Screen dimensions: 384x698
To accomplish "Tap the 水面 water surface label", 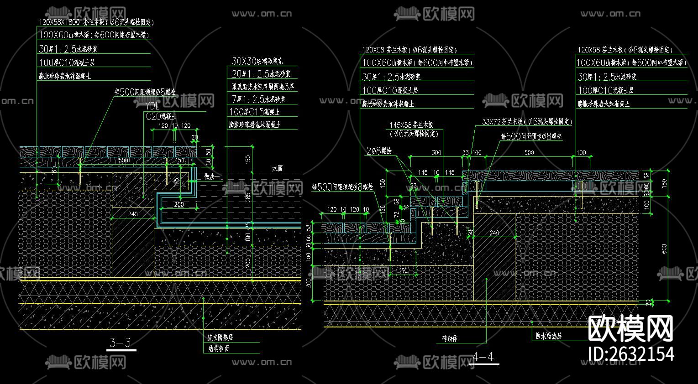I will click(x=277, y=168).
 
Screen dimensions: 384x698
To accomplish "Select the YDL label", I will click(x=152, y=106).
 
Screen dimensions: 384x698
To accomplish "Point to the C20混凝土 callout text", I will click(x=161, y=116).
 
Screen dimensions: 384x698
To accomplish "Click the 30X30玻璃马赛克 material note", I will click(x=257, y=61).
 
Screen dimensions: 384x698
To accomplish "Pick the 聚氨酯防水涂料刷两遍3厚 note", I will click(x=262, y=86).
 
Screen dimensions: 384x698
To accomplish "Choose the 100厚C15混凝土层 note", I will click(x=254, y=112).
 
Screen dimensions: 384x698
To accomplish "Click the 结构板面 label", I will click(x=218, y=348).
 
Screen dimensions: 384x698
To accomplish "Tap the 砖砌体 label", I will click(x=450, y=338).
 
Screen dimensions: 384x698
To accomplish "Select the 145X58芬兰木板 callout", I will click(x=411, y=125).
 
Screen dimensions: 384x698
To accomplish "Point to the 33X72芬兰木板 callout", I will click(x=526, y=122).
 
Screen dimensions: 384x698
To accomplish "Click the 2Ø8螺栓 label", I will click(x=379, y=151).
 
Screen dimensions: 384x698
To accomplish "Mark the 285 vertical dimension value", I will click(x=248, y=197).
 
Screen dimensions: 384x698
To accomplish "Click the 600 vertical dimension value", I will click(x=664, y=249).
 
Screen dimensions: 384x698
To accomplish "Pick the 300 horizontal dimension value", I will click(x=436, y=153).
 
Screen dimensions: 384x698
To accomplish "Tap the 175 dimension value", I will click(x=176, y=181).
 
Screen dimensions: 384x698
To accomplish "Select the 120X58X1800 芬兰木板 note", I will click(x=96, y=22).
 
